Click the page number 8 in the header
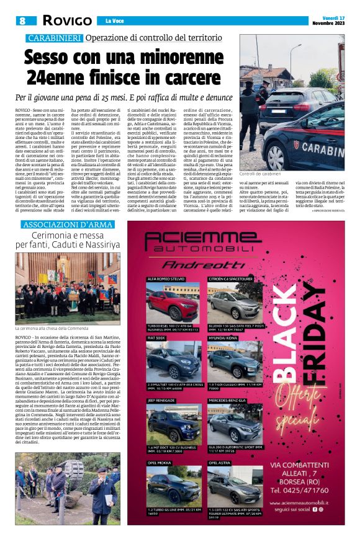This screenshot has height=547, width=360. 24,21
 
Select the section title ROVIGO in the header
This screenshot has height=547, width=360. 66,21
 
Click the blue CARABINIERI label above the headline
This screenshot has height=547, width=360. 54,38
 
